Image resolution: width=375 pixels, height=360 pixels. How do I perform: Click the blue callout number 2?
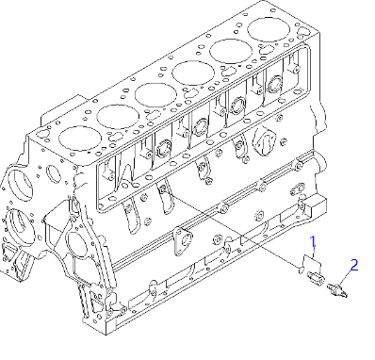[x=354, y=266]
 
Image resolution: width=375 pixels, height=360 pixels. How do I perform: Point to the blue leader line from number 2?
[x=346, y=274]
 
